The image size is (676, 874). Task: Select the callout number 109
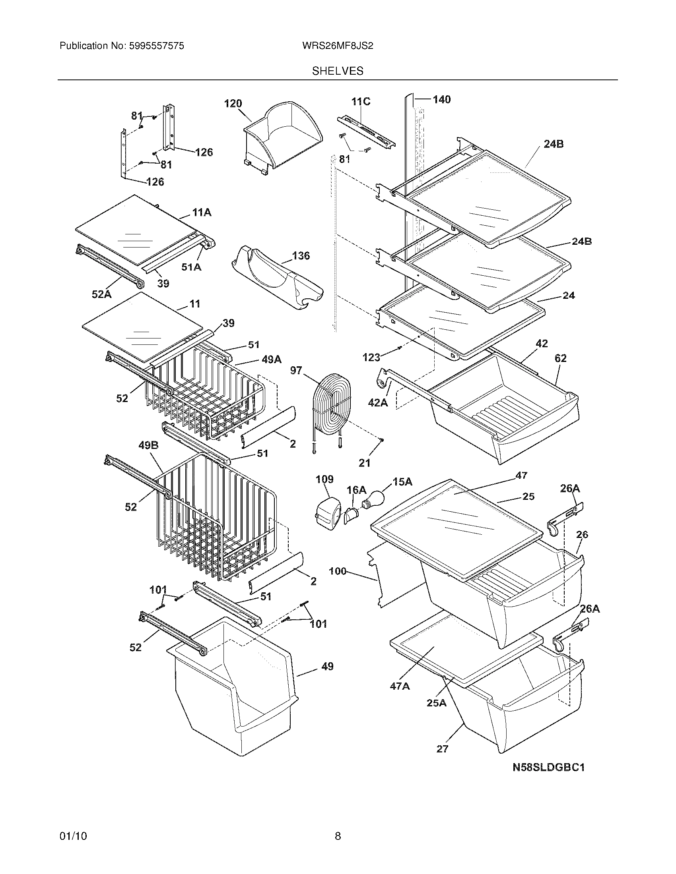tap(324, 479)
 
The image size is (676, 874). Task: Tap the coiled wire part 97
tap(333, 402)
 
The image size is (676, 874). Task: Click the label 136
tap(301, 255)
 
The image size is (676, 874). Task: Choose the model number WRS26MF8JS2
tap(338, 46)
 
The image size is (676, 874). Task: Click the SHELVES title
tap(338, 71)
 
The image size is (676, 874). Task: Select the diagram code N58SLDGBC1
tap(549, 767)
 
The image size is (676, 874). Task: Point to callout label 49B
tap(148, 445)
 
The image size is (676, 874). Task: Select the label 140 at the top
tap(441, 99)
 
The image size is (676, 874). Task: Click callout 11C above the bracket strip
tap(361, 102)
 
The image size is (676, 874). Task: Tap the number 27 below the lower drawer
tap(442, 748)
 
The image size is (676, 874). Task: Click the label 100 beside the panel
tap(337, 571)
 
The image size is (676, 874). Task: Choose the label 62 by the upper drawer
tap(560, 358)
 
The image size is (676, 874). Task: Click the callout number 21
tap(364, 462)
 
